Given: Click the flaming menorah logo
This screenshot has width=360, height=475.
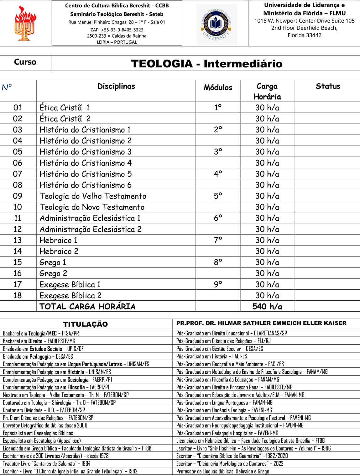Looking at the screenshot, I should [25, 23].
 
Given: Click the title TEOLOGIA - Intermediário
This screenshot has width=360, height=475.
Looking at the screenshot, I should [206, 64].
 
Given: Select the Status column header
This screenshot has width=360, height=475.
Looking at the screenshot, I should [328, 86].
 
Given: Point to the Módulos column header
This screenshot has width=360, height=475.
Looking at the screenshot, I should [218, 87].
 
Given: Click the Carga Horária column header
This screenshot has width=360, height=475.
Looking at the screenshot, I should [267, 91].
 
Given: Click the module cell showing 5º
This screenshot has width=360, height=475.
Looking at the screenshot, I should [218, 196].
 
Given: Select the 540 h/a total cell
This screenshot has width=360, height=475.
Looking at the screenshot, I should [267, 306].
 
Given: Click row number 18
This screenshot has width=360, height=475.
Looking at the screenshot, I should [18, 295].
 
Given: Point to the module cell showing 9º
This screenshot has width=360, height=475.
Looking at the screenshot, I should [218, 284].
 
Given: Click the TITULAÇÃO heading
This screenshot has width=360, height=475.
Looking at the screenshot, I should [85, 324].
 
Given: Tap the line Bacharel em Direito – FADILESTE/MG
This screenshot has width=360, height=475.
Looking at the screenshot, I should [39, 341].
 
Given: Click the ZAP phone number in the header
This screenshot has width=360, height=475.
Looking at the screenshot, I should [117, 30].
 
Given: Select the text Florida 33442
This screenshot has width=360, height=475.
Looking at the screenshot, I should [304, 35].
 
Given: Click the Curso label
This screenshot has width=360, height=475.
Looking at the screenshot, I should [25, 62].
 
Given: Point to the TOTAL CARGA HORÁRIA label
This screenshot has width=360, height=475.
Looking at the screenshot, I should [87, 306].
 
